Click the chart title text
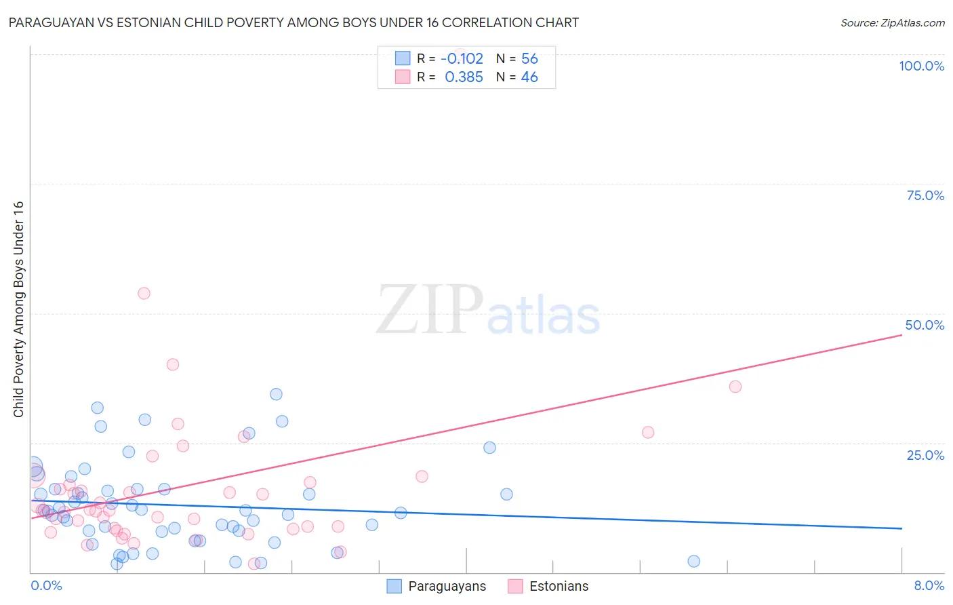pyautogui.click(x=293, y=22)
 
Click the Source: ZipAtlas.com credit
pyautogui.click(x=892, y=22)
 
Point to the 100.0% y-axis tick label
pyautogui.click(x=921, y=66)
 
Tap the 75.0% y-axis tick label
pyautogui.click(x=925, y=195)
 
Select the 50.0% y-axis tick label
pyautogui.click(x=925, y=325)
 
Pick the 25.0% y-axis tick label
pyautogui.click(x=925, y=454)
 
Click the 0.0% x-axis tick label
pyautogui.click(x=46, y=585)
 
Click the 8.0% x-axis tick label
pyautogui.click(x=929, y=585)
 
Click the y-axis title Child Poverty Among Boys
pyautogui.click(x=18, y=309)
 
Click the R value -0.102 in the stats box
pyautogui.click(x=462, y=59)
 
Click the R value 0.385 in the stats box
pyautogui.click(x=464, y=77)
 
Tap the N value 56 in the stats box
pyautogui.click(x=529, y=59)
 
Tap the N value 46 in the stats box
pyautogui.click(x=529, y=77)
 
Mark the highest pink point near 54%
pyautogui.click(x=144, y=294)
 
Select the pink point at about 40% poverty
pyautogui.click(x=173, y=364)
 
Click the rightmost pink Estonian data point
pyautogui.click(x=735, y=387)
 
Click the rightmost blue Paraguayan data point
pyautogui.click(x=693, y=561)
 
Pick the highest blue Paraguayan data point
pyautogui.click(x=276, y=394)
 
